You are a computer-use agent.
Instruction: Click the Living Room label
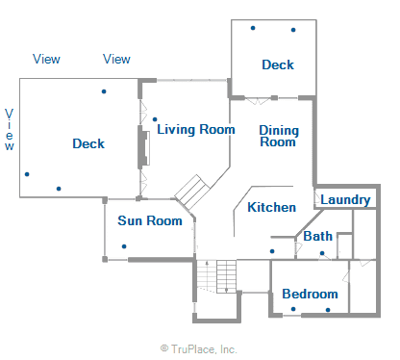tap(196, 129)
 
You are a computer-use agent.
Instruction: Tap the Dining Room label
tap(278, 136)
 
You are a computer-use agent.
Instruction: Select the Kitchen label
tap(271, 207)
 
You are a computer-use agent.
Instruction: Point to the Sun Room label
tap(150, 220)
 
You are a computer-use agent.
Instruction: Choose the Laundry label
tap(345, 200)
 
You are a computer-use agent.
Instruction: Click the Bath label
tap(317, 236)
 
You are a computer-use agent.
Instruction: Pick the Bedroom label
tap(310, 294)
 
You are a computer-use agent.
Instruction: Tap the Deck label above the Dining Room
tap(278, 65)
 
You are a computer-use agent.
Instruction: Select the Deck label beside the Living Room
tap(88, 143)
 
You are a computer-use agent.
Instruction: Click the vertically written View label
tap(10, 129)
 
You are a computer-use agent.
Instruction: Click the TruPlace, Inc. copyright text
tap(198, 348)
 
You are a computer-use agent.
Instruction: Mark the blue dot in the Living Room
tap(155, 119)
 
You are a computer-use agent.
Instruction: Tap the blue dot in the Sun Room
tap(124, 246)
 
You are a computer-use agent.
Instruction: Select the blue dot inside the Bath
tap(322, 253)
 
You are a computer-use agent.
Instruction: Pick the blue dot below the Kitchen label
tap(272, 251)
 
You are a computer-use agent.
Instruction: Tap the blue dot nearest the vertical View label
tap(27, 174)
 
